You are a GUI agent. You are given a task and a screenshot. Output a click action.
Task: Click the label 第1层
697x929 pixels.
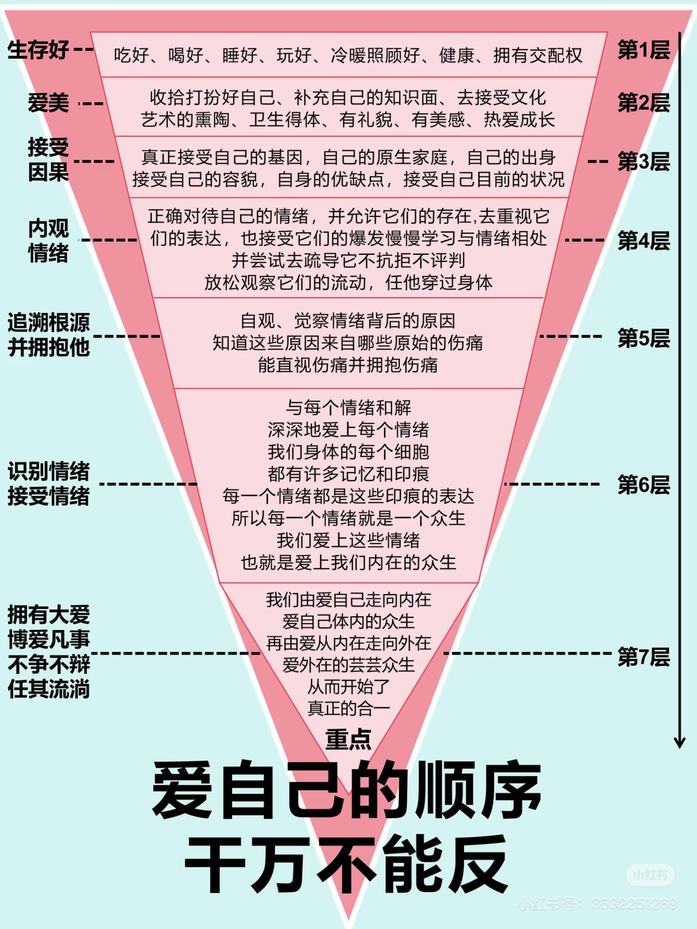point(644,50)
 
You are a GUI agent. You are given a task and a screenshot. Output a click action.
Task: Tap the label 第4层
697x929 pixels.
point(644,240)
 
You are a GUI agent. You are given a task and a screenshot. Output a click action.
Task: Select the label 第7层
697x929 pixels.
point(644,657)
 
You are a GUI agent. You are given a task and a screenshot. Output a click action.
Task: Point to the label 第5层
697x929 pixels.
point(644,338)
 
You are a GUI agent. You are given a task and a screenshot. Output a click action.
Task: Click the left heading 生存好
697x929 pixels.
point(38,50)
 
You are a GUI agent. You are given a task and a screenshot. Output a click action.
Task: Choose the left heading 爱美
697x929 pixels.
point(48,103)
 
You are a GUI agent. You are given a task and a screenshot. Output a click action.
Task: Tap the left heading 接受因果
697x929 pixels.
point(48,160)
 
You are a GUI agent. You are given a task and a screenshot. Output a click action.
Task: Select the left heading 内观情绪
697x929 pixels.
point(48,240)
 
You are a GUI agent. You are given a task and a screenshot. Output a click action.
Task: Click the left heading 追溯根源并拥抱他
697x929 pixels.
point(49,334)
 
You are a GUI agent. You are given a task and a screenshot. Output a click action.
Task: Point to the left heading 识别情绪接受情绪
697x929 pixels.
point(49,483)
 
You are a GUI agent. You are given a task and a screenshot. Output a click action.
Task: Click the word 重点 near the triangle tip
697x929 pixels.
point(348,740)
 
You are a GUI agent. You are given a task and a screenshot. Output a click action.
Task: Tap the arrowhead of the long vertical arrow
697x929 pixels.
point(680,742)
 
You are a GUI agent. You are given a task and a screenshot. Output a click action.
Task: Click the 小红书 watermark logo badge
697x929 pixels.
point(651,875)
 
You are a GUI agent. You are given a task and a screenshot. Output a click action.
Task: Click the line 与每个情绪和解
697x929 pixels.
point(348,407)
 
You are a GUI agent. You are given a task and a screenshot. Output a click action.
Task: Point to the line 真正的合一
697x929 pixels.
point(348,708)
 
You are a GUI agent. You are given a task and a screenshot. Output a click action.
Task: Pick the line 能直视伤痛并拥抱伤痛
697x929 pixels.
point(348,365)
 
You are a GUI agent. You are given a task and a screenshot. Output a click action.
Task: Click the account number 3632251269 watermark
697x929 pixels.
point(635,904)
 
